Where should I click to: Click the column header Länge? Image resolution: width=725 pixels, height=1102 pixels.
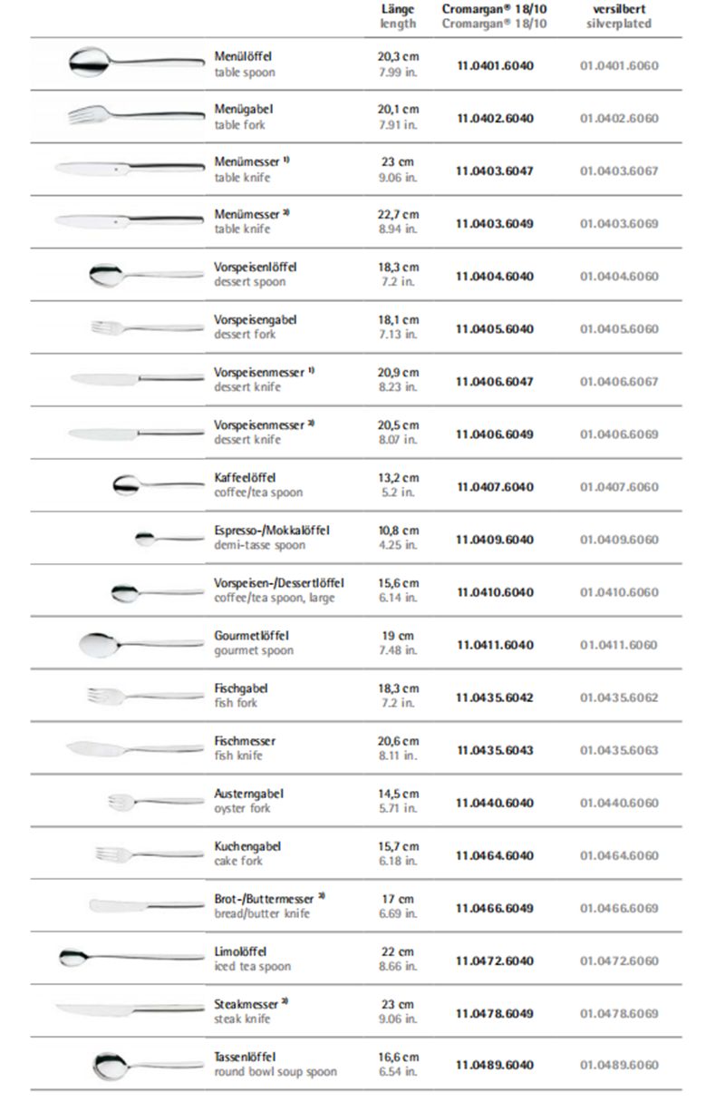(x=398, y=9)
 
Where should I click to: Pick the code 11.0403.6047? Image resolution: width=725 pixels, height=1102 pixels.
(x=495, y=171)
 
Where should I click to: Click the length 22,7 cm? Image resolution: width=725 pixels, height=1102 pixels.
(x=398, y=215)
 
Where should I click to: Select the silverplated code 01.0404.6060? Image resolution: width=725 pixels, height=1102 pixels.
(x=619, y=276)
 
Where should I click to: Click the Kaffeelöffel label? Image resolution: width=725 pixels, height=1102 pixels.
(x=246, y=478)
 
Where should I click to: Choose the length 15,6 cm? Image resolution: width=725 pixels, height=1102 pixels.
(x=398, y=583)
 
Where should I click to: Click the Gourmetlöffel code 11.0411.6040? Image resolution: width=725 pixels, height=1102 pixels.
(x=495, y=645)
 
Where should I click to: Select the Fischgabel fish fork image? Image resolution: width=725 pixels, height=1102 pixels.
(x=145, y=696)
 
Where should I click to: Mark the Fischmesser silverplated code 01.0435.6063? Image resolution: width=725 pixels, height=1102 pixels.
(x=619, y=750)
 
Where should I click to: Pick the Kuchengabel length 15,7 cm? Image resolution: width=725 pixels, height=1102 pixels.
(x=398, y=846)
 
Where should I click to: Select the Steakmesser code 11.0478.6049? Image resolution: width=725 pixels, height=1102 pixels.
(x=495, y=1013)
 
